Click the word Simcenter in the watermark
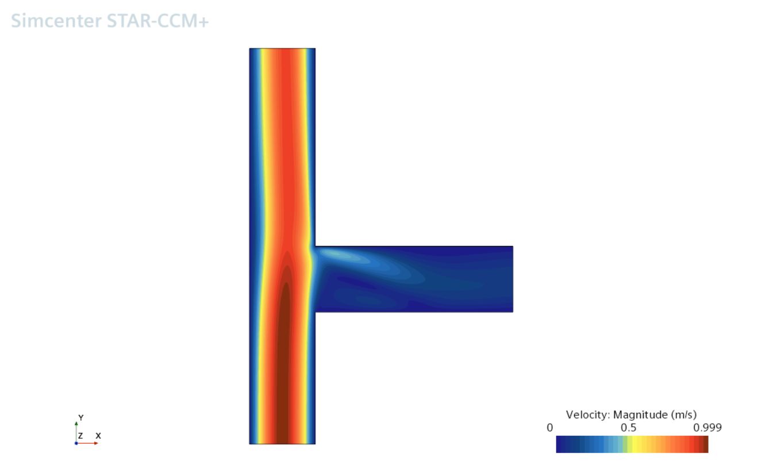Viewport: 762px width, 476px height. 56,21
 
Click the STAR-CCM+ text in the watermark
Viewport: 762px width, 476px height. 157,21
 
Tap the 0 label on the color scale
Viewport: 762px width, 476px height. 550,428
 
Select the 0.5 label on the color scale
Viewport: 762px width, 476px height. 628,428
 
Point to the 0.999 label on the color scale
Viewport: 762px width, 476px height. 707,428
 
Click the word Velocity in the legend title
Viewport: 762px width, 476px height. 588,414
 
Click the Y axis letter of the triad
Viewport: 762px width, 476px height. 81,417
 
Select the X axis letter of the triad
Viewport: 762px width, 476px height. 98,436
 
